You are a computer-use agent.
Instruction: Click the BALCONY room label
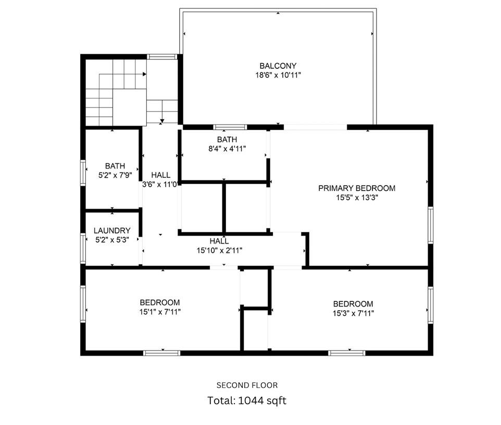[278, 66]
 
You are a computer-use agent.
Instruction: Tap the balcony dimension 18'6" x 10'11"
[278, 76]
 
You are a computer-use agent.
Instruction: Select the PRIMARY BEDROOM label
[357, 188]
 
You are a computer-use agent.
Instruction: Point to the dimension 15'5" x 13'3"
[357, 198]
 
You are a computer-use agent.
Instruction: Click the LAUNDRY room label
[112, 230]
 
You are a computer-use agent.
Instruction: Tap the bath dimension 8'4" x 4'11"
[227, 149]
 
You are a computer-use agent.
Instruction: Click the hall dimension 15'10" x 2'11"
[219, 250]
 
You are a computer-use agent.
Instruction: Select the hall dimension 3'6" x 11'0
[160, 184]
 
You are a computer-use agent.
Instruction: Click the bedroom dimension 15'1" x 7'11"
[160, 312]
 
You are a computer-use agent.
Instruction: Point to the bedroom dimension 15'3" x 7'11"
[353, 313]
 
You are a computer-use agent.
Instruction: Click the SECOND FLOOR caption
[247, 385]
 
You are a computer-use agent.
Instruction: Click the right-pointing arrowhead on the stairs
[144, 75]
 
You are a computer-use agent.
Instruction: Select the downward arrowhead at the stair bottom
[162, 121]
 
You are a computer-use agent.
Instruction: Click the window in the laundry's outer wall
[83, 248]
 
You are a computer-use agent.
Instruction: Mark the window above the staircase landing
[162, 56]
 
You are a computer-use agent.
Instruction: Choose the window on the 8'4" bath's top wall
[230, 127]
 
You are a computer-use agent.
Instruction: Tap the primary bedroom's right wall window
[430, 225]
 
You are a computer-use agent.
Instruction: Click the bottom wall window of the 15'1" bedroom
[162, 353]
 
